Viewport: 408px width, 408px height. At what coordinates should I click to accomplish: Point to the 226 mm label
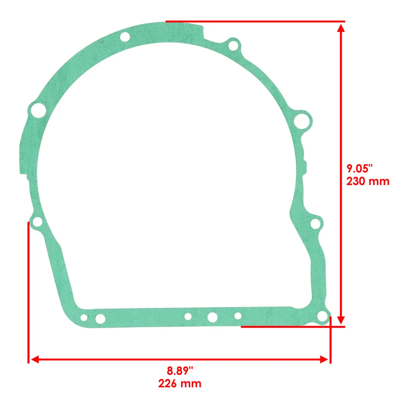[x=180, y=383]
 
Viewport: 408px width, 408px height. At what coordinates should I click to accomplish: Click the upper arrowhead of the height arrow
[x=340, y=28]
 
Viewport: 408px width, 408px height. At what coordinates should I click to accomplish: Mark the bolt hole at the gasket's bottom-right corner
[x=323, y=316]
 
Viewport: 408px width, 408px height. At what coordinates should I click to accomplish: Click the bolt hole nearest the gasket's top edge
[x=125, y=37]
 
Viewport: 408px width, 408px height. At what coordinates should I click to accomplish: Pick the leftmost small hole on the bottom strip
[x=84, y=318]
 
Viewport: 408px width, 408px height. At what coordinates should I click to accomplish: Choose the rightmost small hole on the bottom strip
[x=238, y=316]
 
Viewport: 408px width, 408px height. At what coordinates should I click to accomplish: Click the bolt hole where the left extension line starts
[x=37, y=222]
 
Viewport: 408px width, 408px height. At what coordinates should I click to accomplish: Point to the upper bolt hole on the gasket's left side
[x=37, y=111]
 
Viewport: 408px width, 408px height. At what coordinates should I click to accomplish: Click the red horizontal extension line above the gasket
[x=255, y=21]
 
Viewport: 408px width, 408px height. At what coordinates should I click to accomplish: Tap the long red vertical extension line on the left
[x=28, y=293]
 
